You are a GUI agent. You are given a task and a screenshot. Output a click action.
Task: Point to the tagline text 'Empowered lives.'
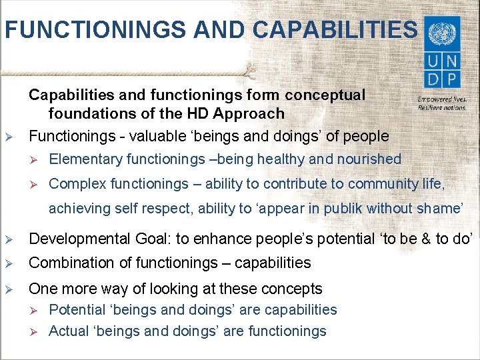(441, 99)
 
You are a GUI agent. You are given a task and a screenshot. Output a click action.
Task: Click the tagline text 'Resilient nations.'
(441, 107)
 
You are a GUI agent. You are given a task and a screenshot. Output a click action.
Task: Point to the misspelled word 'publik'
(342, 208)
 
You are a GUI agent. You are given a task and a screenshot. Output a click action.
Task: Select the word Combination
(69, 263)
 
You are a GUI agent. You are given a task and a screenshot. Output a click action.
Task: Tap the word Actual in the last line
(68, 331)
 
